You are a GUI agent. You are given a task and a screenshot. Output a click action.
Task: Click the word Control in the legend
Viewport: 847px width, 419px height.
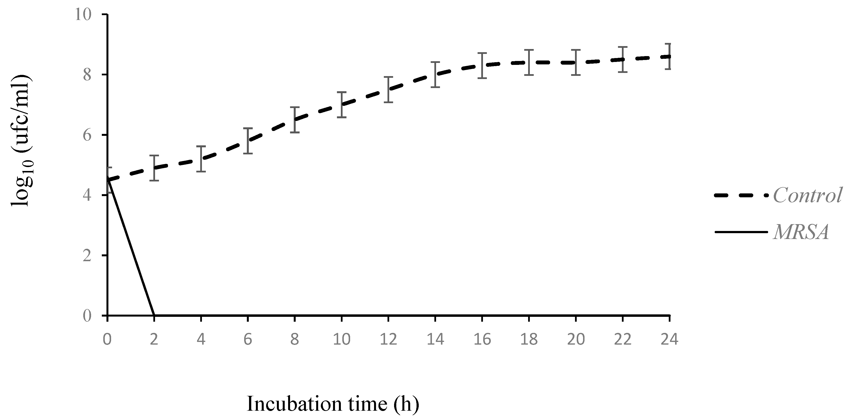[x=807, y=196]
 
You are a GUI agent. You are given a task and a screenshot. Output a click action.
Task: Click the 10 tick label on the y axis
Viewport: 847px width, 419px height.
[x=83, y=15]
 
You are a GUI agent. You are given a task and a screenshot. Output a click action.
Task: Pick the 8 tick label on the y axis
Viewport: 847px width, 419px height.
[x=87, y=75]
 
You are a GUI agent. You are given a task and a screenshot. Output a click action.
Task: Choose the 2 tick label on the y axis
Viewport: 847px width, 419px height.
[x=87, y=256]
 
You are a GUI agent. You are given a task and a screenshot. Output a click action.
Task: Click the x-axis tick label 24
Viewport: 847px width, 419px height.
[x=669, y=339]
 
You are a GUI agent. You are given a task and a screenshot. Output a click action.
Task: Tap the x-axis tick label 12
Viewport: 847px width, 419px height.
[x=388, y=339]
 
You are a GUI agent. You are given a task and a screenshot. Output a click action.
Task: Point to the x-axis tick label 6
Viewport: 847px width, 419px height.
[x=248, y=339]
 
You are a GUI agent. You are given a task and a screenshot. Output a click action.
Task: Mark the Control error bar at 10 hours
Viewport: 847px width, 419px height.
[x=342, y=105]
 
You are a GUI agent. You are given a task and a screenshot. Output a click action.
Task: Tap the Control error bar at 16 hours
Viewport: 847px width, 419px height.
[x=482, y=65]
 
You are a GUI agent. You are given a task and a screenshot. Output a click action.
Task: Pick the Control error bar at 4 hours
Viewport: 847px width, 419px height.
[x=201, y=159]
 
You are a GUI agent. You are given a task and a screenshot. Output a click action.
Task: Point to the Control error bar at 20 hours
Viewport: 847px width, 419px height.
[x=576, y=62]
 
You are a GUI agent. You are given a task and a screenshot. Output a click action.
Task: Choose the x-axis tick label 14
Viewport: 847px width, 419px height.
[x=435, y=339]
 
